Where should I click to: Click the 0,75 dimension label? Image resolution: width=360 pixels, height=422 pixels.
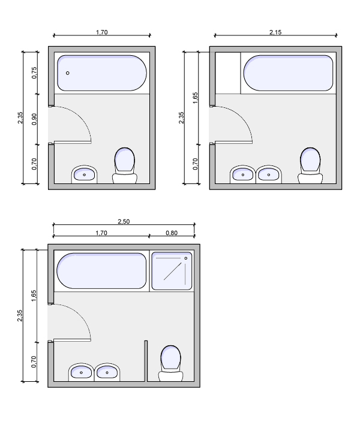click(x=34, y=73)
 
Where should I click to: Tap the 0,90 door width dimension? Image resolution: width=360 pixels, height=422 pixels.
click(x=34, y=119)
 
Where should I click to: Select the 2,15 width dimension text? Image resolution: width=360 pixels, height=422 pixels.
click(x=275, y=32)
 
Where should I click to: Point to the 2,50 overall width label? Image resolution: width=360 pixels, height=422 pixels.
click(x=124, y=222)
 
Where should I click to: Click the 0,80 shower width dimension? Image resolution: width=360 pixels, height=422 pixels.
click(x=172, y=233)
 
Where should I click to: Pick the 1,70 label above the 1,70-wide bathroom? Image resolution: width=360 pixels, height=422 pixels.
click(x=102, y=32)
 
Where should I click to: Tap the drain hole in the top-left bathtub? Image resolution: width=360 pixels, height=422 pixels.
click(x=68, y=73)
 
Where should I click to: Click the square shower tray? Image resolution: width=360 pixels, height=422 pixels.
click(x=172, y=271)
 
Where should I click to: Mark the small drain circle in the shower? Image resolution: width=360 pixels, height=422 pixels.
click(x=185, y=258)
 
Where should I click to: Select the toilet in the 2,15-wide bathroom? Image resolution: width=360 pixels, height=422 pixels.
click(x=310, y=165)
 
